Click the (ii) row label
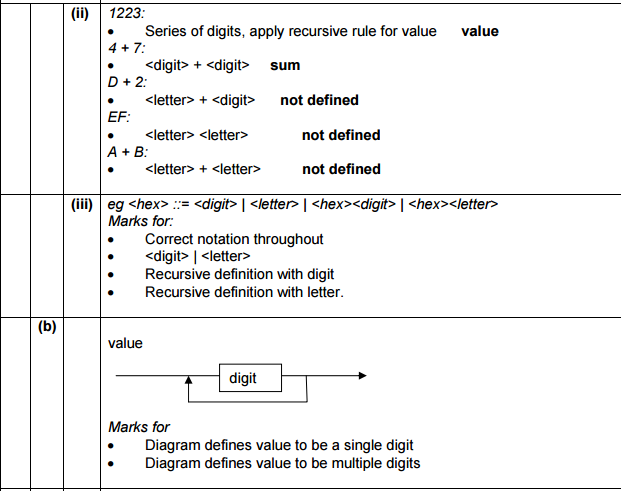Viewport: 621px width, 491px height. click(79, 14)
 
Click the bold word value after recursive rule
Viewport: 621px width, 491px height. click(480, 31)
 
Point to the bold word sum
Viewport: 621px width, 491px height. click(285, 66)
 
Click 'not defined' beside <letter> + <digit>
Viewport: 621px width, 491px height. click(319, 100)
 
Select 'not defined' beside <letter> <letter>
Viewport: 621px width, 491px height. click(341, 135)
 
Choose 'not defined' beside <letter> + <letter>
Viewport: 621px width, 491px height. click(341, 169)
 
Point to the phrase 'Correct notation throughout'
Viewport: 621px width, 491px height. click(234, 240)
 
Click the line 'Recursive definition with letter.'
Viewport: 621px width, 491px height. click(244, 292)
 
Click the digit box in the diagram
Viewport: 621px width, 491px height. click(242, 378)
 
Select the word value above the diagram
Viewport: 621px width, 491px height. click(125, 343)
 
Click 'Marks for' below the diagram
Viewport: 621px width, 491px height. click(139, 427)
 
